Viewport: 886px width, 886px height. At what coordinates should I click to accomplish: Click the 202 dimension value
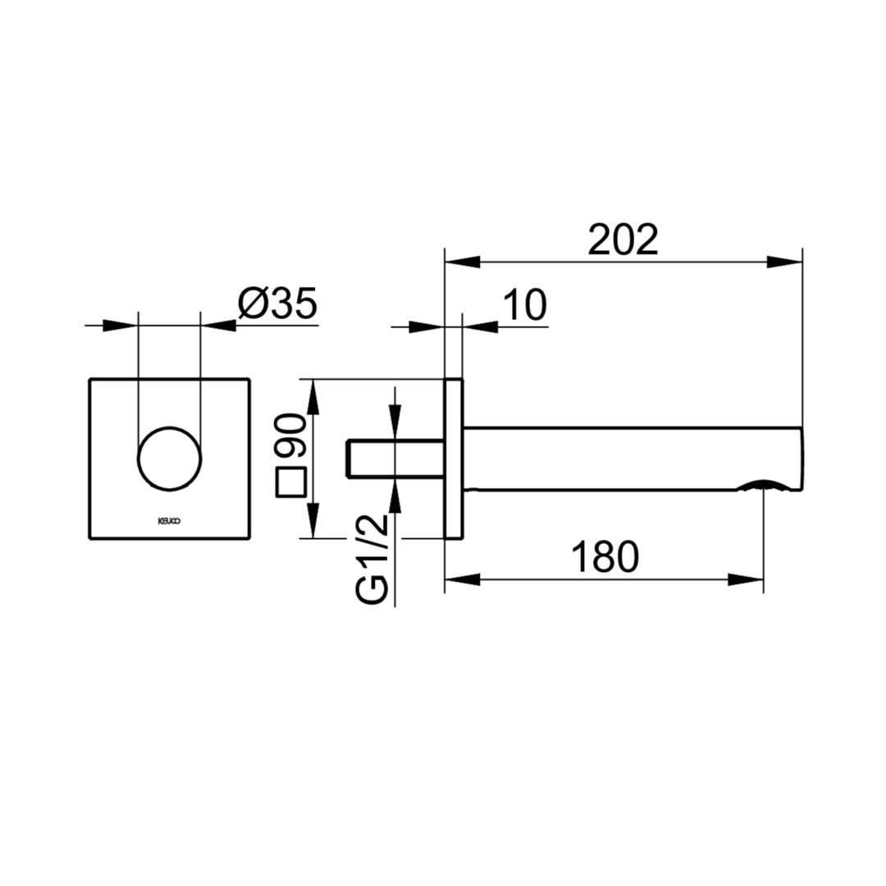(x=623, y=240)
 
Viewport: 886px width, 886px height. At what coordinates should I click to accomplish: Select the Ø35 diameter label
(x=277, y=304)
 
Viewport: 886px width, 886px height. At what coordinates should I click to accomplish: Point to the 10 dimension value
(x=525, y=305)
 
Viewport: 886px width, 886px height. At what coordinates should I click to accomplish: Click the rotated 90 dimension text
(x=290, y=435)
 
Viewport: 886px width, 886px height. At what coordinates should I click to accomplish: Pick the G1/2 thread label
(x=372, y=559)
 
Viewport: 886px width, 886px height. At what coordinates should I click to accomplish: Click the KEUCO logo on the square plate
(x=169, y=521)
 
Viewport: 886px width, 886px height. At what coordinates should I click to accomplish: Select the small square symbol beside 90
(x=290, y=482)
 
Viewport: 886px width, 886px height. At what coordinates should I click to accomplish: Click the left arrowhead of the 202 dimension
(x=462, y=263)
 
